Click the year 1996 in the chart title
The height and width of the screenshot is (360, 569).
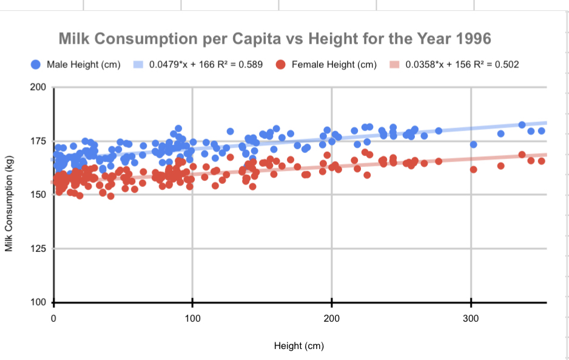point(471,39)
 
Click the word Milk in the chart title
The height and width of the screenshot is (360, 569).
point(78,39)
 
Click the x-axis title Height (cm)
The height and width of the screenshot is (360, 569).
point(299,346)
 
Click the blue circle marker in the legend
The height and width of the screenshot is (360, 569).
point(36,64)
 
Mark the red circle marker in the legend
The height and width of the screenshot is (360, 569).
point(281,64)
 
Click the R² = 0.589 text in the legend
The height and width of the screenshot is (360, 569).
point(241,64)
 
